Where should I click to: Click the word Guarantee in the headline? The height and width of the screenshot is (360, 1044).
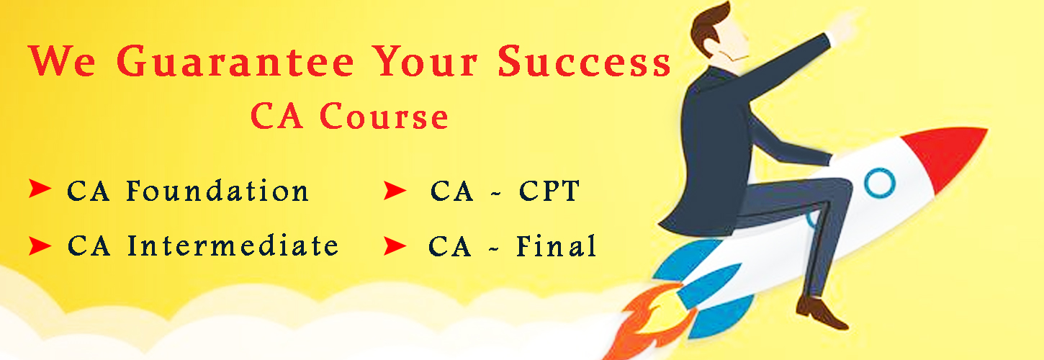click(x=235, y=61)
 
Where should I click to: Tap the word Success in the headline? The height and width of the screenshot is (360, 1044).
click(x=585, y=61)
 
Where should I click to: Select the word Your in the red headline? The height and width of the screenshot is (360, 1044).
click(x=426, y=61)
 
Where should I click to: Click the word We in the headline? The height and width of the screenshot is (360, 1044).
click(x=63, y=61)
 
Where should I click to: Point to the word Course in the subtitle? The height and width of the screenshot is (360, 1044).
click(x=384, y=116)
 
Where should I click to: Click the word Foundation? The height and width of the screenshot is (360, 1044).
click(x=217, y=191)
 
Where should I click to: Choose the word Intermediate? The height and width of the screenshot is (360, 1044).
click(x=233, y=246)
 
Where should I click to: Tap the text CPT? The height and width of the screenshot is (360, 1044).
click(x=549, y=191)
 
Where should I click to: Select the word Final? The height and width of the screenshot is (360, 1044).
click(x=557, y=246)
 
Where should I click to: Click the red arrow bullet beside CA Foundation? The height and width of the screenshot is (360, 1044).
click(x=40, y=189)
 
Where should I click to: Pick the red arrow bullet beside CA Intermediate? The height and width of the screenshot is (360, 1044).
click(x=40, y=246)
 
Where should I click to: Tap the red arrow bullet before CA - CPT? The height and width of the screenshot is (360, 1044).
click(x=395, y=191)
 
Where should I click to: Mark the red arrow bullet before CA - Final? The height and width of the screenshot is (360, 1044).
click(x=395, y=246)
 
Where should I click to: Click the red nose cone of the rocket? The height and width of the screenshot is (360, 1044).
click(x=946, y=154)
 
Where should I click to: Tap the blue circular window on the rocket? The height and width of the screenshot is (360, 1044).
click(x=879, y=183)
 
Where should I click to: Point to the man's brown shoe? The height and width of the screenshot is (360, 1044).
click(x=820, y=312)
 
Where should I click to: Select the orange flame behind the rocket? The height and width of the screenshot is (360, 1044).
click(x=650, y=322)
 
